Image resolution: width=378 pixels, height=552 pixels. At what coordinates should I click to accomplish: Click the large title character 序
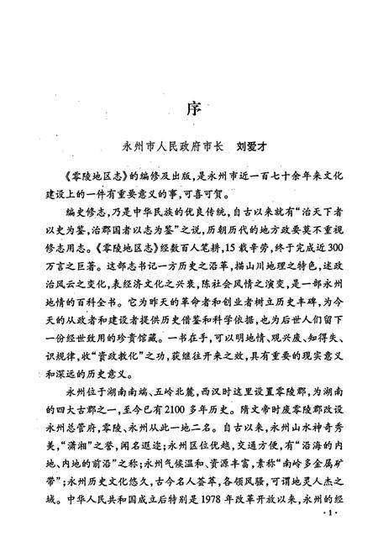(x=189, y=109)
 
